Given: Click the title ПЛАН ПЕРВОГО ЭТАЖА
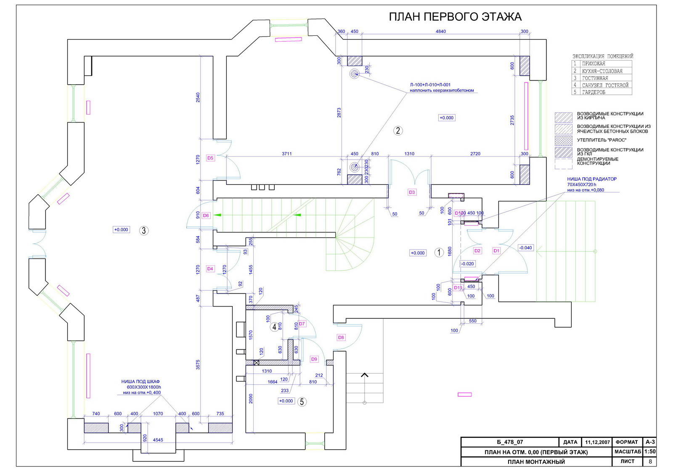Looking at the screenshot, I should click(455, 17).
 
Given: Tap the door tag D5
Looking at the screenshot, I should click(210, 158).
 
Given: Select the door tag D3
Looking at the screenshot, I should click(412, 192).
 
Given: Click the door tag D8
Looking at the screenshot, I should click(341, 337).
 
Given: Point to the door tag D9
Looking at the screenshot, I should click(314, 359).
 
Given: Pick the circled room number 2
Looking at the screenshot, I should click(398, 131).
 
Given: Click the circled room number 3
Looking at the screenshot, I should click(144, 230).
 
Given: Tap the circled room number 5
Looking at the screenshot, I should click(302, 402).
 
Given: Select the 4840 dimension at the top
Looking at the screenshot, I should click(440, 32).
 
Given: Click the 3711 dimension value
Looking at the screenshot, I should click(286, 154).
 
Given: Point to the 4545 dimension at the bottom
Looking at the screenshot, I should click(158, 440).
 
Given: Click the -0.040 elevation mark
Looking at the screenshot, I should click(525, 248).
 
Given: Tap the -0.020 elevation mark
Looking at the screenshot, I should click(467, 264).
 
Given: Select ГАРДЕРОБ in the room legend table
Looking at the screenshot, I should click(594, 92).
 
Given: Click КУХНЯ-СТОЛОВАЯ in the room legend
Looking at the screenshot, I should click(602, 71).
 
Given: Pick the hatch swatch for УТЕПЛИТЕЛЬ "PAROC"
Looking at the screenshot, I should click(563, 140).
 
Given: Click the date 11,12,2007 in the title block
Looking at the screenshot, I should click(597, 443).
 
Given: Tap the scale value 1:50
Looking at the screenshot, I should click(650, 452).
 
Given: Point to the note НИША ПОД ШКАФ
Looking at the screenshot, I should click(140, 381).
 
